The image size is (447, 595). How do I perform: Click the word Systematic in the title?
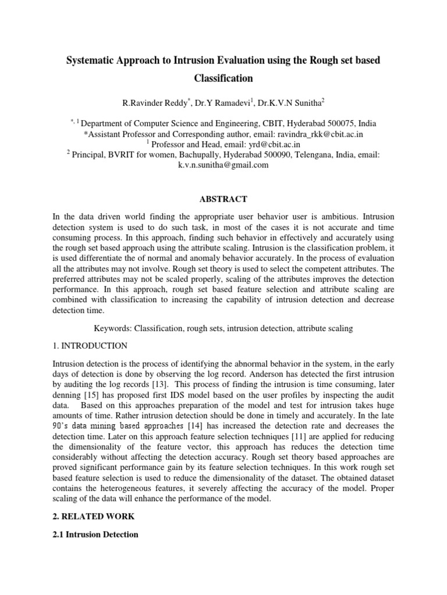93,61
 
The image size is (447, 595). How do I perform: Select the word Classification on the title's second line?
223,77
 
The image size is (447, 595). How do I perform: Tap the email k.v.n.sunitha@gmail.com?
223,164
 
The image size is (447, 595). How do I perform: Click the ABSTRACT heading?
223,199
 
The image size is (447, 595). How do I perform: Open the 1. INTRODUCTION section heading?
90,346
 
